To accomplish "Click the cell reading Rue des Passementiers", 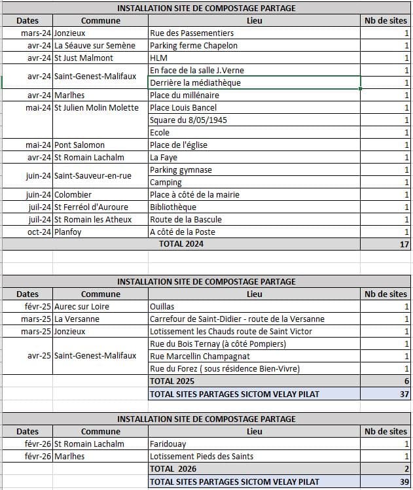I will click(192, 33).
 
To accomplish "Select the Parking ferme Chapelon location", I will click(194, 46).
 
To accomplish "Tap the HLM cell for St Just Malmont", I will click(159, 58).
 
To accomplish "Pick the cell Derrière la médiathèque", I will click(195, 83).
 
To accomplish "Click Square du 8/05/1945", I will click(189, 120).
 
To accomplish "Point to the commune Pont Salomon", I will click(79, 145).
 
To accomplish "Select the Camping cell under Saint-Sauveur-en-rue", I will click(166, 183).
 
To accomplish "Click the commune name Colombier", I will click(73, 195).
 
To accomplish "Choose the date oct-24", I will click(39, 232).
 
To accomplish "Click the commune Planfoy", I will click(68, 232).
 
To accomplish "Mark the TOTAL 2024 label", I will click(181, 244).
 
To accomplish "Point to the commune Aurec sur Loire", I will click(82, 307).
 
